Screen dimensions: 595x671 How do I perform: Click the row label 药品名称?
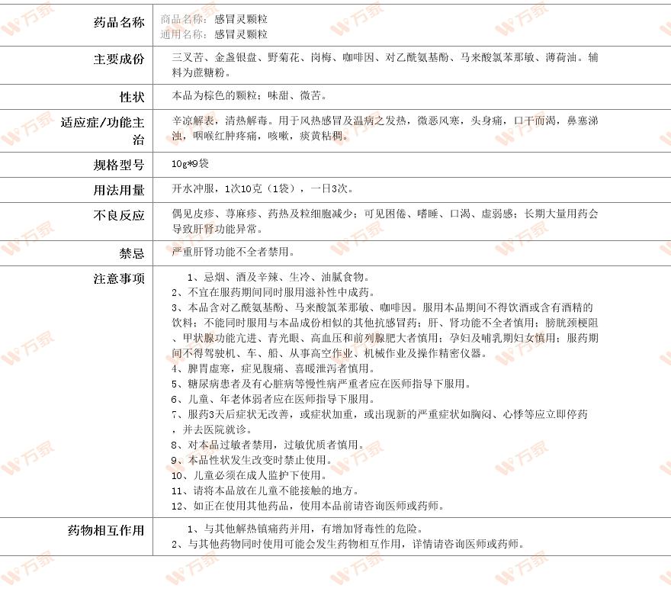pos(118,22)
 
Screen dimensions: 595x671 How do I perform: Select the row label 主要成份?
pos(118,59)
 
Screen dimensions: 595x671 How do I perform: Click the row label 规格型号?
pos(118,165)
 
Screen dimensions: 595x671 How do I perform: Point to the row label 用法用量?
pos(118,190)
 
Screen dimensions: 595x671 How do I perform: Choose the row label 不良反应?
pos(118,216)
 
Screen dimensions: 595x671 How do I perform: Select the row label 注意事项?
pos(118,279)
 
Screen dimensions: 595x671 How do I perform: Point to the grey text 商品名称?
pos(184,18)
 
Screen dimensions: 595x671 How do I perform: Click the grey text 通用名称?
pos(184,34)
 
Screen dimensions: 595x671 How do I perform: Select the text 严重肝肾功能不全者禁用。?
pos(233,251)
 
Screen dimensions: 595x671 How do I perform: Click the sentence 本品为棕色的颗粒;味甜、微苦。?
pos(250,96)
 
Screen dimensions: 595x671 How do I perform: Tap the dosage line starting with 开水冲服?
pos(263,188)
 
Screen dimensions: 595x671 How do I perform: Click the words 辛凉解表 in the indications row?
pos(194,121)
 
